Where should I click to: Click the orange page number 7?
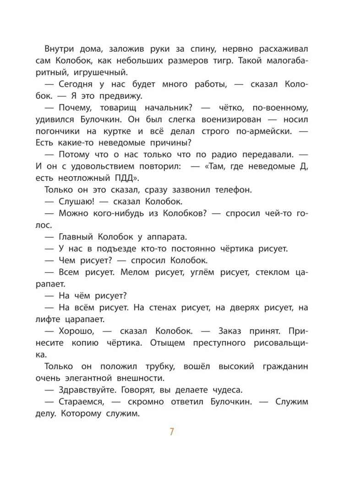171,431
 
